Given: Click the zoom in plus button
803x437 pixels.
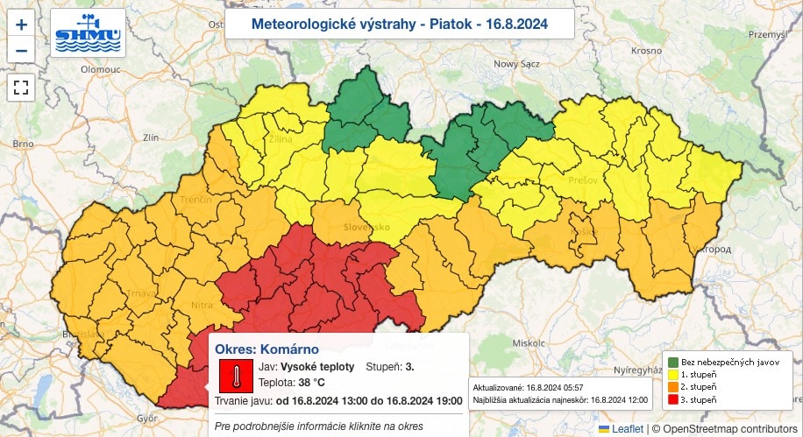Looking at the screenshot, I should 22,25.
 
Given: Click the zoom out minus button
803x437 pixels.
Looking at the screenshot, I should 22,51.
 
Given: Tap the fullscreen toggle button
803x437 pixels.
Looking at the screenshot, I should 22,87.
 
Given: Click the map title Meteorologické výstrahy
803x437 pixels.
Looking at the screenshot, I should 399,24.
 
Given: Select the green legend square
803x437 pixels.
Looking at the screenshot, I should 672,362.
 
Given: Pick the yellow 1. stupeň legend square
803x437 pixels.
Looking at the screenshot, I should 672,374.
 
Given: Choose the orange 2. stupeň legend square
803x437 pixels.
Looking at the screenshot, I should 672,386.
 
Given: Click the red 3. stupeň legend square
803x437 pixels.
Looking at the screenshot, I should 672,398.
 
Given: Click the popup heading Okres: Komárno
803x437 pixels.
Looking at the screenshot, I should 266,349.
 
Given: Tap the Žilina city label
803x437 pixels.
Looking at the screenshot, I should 258,139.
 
